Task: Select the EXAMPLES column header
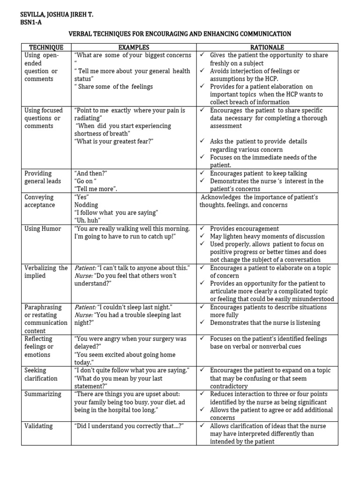pos(134,47)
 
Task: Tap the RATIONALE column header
pos(268,47)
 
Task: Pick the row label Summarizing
pos(43,394)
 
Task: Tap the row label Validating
pos(38,426)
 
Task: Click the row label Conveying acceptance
pos(39,201)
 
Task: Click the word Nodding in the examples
pos(86,205)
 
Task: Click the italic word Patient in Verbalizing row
pos(85,268)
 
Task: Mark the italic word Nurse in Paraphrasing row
pos(83,315)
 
